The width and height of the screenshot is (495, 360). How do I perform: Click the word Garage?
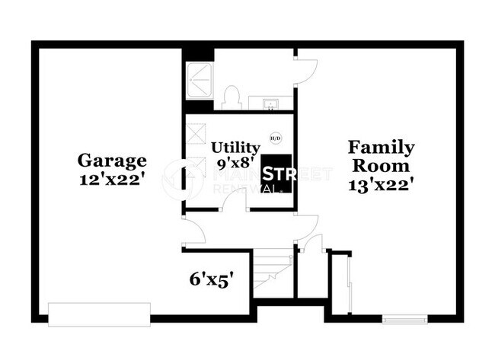(111, 161)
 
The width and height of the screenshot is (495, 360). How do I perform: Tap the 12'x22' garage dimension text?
(111, 180)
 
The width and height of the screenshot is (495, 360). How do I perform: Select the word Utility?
(235, 147)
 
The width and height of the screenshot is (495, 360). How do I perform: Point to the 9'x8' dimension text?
(235, 163)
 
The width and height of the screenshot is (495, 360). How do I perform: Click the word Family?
(381, 147)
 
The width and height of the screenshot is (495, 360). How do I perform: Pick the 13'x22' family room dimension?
(381, 183)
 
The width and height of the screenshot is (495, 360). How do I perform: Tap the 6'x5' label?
(210, 279)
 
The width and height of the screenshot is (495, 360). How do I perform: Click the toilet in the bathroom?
(232, 97)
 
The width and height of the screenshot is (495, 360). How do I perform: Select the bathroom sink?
(270, 103)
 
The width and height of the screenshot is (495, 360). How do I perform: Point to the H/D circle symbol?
(275, 138)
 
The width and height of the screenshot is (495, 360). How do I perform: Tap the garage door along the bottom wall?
(99, 314)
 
